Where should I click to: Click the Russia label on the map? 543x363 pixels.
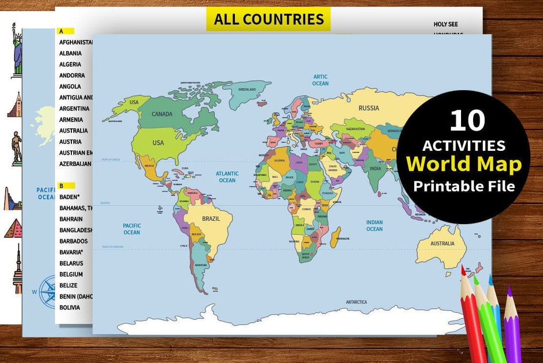(x=369, y=108)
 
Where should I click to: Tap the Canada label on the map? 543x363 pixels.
(x=162, y=114)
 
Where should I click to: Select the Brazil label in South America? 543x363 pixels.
(x=211, y=219)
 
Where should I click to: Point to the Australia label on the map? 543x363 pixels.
(x=442, y=244)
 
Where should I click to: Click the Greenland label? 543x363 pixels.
(x=247, y=89)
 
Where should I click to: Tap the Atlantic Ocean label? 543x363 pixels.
(x=227, y=177)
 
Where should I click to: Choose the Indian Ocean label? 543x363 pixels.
(x=374, y=226)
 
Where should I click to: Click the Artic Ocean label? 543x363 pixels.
(x=320, y=80)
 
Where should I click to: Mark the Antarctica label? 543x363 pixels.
(x=356, y=302)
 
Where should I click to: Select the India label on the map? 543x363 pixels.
(x=375, y=169)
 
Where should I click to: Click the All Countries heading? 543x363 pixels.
(x=268, y=19)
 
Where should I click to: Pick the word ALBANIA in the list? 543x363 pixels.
(x=70, y=53)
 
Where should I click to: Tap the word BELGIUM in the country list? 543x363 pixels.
(x=71, y=274)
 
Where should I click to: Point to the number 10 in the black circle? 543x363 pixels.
(x=467, y=121)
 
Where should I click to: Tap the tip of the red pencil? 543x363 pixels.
(x=463, y=270)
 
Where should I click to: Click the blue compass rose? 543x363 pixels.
(x=48, y=291)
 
